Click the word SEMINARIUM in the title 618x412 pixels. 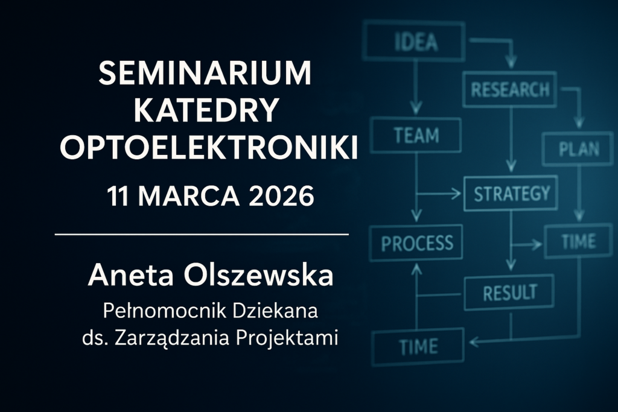pos(205,73)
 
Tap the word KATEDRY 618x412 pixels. pos(206,110)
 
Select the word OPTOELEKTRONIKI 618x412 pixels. pos(209,147)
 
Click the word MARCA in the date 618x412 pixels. pos(189,196)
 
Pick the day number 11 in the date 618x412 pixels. pos(118,196)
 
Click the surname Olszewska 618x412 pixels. pos(258,275)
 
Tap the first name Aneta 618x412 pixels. pos(131,275)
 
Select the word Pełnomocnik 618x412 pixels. pos(165,311)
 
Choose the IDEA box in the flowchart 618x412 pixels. pos(414,41)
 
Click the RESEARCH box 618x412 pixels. pos(509,89)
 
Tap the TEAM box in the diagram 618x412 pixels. pos(416,135)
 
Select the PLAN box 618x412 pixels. pos(578,149)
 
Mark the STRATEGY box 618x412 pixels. pos(511,193)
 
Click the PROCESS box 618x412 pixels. pos(416,242)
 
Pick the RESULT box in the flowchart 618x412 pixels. pos(509,292)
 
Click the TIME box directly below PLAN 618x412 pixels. pos(579,241)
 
